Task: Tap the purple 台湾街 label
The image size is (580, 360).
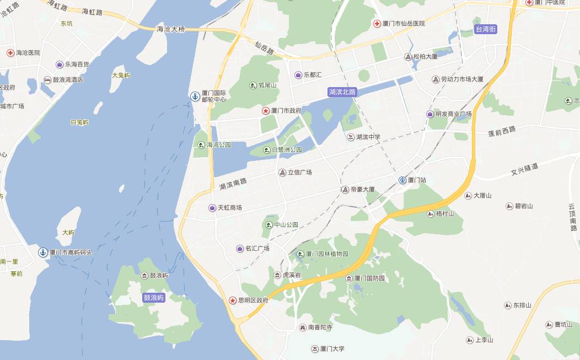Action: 485,30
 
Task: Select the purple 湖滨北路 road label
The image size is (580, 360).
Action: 342,92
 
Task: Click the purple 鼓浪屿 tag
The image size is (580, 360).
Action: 154,298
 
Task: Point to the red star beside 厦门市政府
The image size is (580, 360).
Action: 265,111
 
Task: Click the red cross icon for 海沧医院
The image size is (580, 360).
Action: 10,53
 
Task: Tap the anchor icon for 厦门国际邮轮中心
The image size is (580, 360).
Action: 195,96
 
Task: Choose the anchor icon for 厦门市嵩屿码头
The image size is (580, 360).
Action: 42,252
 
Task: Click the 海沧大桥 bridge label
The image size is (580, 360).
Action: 171,29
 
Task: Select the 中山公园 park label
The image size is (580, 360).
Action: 286,225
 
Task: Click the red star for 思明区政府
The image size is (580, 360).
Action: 233,300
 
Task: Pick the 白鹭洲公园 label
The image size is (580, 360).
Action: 287,150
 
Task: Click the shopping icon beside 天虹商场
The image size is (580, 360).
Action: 212,208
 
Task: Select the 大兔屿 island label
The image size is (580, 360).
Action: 121,76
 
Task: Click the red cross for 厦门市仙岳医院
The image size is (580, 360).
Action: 377,24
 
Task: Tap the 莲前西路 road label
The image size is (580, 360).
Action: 502,131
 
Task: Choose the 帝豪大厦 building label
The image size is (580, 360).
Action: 362,190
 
